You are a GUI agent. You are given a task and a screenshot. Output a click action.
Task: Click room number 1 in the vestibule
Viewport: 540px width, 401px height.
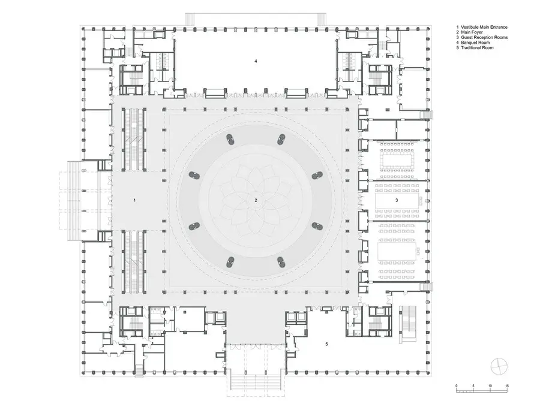point(134,200)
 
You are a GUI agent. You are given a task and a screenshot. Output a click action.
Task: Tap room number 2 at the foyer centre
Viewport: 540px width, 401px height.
point(256,200)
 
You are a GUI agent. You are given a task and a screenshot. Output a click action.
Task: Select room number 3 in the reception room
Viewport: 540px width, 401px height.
point(397,200)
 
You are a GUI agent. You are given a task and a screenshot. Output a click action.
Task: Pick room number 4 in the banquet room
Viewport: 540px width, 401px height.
point(256,61)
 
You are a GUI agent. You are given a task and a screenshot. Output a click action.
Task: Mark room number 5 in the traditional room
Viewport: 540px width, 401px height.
point(326,343)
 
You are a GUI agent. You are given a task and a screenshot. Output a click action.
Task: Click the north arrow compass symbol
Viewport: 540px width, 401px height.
point(499,366)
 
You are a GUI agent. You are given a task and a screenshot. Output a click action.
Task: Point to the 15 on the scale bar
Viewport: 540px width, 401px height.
point(506,386)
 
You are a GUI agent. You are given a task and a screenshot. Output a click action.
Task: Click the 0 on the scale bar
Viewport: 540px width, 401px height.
point(457,386)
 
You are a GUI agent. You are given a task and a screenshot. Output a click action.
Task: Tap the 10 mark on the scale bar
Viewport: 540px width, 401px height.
point(490,386)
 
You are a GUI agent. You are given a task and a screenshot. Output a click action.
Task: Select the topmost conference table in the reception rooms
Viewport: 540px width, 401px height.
point(397,160)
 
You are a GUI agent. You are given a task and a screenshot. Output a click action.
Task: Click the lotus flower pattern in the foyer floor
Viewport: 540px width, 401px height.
point(256,200)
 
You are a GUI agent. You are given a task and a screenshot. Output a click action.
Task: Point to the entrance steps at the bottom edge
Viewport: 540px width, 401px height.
point(256,382)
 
